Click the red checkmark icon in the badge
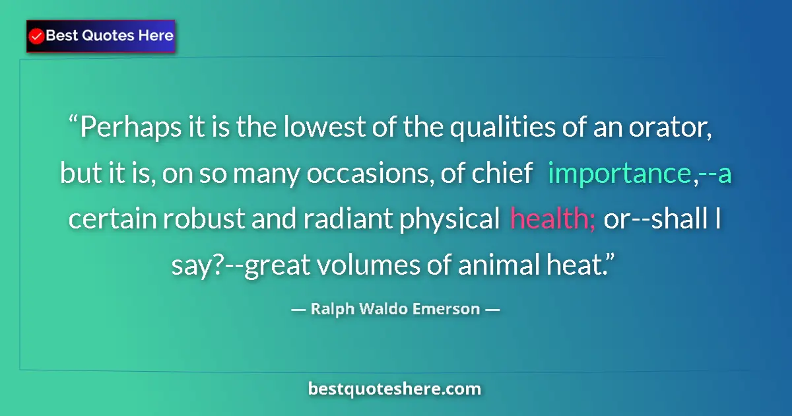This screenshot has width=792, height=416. coord(37,36)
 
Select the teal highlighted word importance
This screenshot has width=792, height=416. coord(618,174)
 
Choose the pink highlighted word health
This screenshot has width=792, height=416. coord(552,219)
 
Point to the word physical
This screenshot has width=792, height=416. coord(448,219)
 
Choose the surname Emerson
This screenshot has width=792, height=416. coord(448,309)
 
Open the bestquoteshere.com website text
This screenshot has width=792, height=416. coord(395,389)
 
